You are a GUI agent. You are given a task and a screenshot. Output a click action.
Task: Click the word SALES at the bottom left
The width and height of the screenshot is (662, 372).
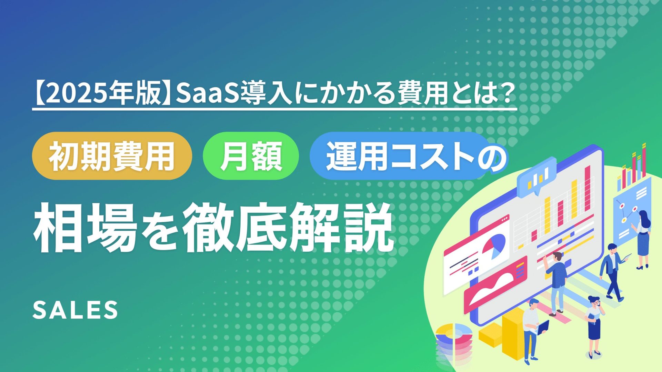tap(75, 310)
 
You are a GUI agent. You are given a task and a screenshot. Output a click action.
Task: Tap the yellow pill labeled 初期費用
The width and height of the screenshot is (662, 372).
tap(112, 156)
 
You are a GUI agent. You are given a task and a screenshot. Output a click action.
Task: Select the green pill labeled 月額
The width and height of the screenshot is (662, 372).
tap(251, 156)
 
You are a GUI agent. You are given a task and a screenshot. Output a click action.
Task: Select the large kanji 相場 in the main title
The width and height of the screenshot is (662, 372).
tap(86, 228)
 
